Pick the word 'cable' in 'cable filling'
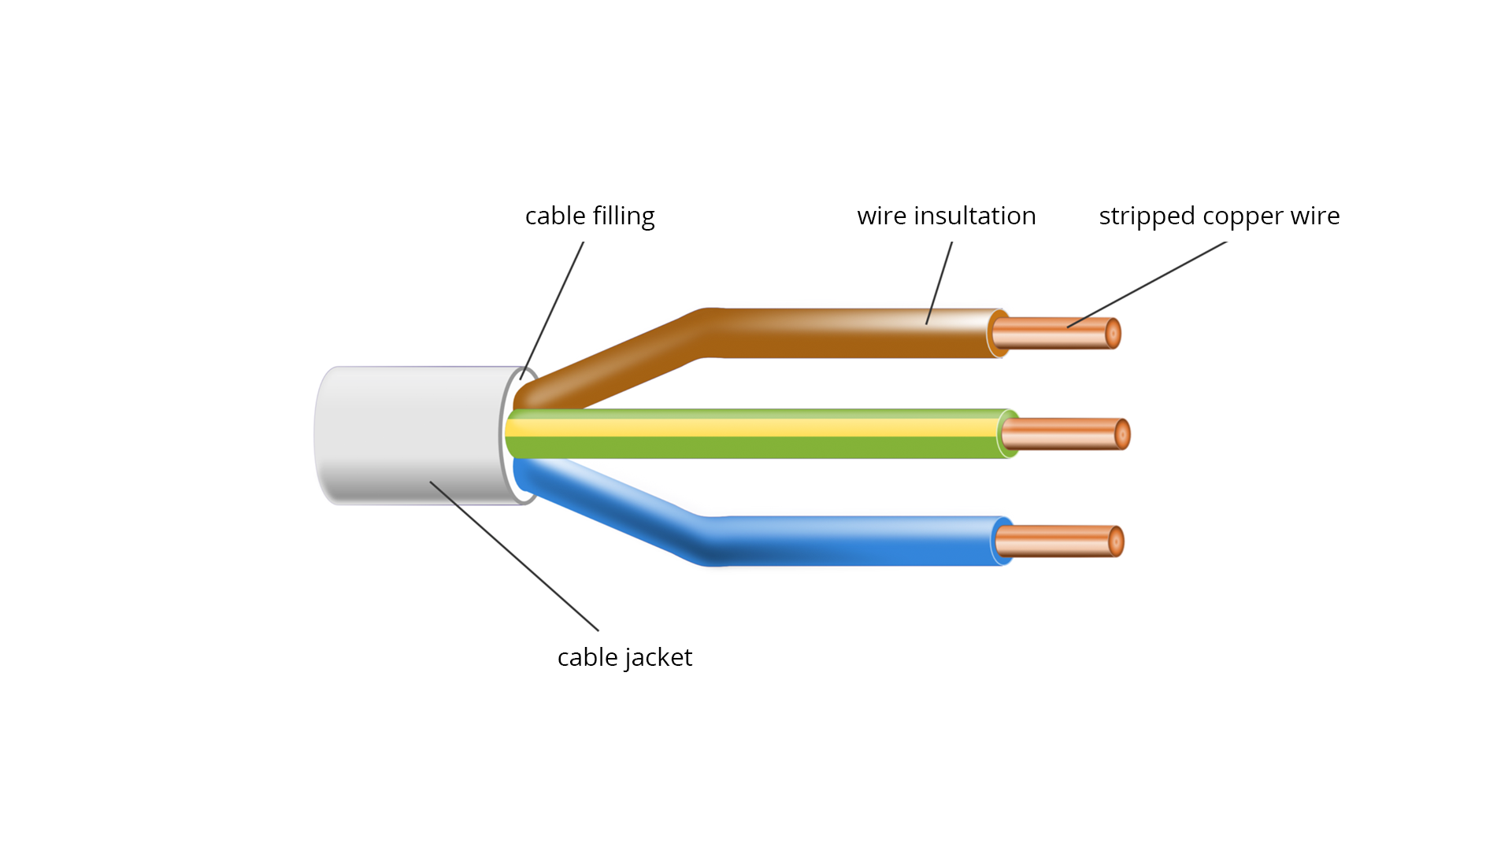555,216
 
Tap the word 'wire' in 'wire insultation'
881,216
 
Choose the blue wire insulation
850,541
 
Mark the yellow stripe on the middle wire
756,428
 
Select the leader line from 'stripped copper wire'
1147,284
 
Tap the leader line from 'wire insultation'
939,283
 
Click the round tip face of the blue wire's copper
1116,541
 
